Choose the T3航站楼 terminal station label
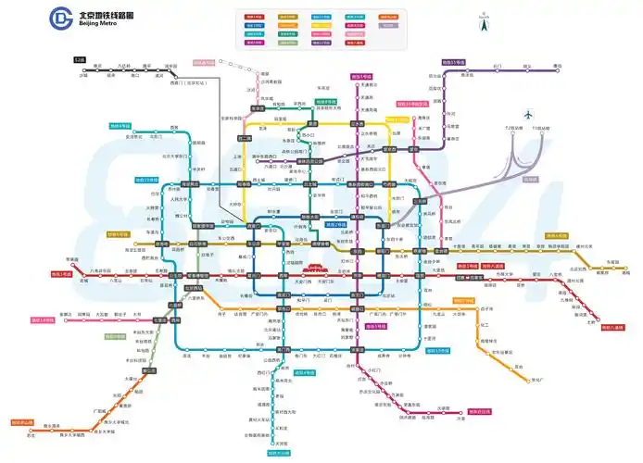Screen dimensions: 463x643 (537, 128)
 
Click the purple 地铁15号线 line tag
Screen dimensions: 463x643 (454, 62)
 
